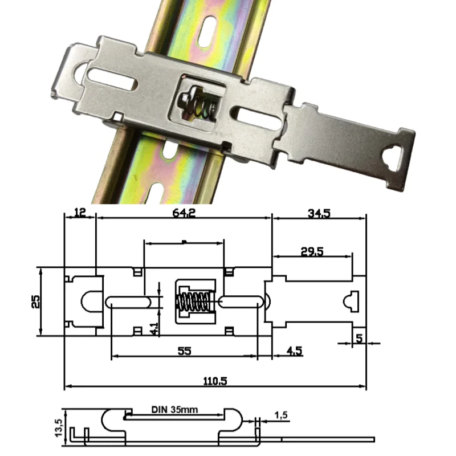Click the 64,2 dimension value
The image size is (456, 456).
click(x=184, y=213)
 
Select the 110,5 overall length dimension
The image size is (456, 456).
click(x=215, y=381)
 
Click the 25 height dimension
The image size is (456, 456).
click(x=35, y=302)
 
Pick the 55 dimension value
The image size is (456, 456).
click(x=184, y=352)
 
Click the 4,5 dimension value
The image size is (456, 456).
click(x=295, y=352)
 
